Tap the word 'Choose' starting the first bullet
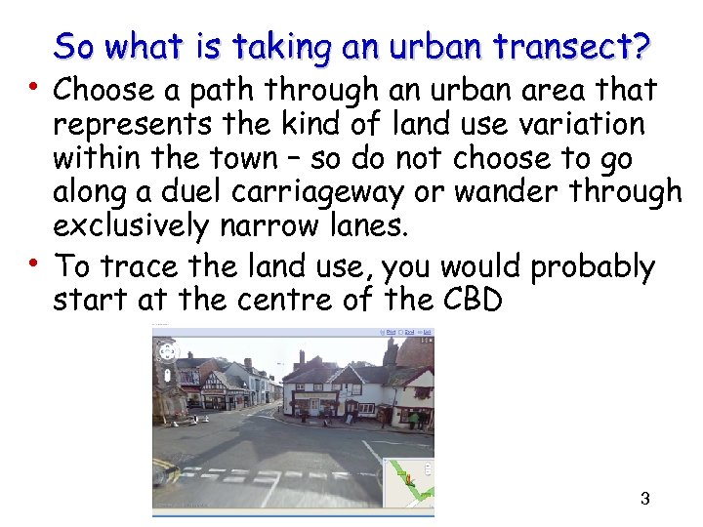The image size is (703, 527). (x=103, y=92)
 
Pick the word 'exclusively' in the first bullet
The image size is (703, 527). (x=131, y=226)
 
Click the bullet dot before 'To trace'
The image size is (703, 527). (x=35, y=261)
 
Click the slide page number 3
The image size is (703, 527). (x=644, y=500)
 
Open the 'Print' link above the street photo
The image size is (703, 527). (x=391, y=332)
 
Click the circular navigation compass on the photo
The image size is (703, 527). (x=167, y=349)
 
